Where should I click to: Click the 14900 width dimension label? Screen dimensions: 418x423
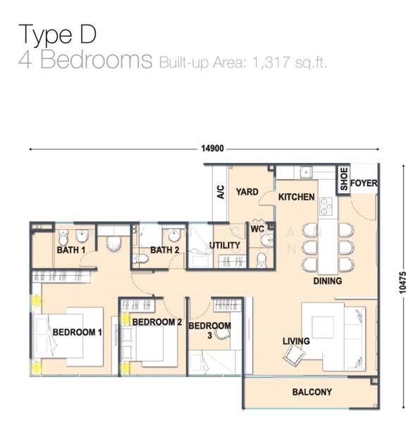(212, 148)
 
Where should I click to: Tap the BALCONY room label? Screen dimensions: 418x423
(312, 392)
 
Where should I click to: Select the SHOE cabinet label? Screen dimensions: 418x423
(343, 178)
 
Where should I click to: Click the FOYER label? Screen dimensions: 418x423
(364, 183)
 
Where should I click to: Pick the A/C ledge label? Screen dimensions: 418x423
(221, 192)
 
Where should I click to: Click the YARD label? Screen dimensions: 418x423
(247, 192)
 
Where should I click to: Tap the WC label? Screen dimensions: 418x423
(257, 229)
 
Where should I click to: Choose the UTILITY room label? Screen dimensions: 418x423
(225, 245)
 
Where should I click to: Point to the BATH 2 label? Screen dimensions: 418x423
(164, 250)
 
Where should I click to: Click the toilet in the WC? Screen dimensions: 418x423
(261, 259)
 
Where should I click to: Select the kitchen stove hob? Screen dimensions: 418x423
(326, 206)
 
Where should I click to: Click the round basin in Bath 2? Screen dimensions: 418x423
(174, 235)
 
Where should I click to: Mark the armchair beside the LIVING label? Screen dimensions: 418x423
(294, 355)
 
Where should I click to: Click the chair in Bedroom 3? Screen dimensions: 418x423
(223, 334)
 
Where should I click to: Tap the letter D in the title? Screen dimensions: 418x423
(88, 34)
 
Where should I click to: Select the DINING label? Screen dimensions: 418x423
(327, 281)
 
